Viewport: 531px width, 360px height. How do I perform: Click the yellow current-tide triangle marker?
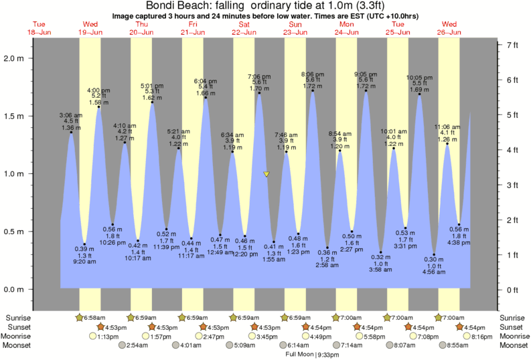tap(267, 175)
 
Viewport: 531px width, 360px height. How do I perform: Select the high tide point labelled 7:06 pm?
tap(259, 93)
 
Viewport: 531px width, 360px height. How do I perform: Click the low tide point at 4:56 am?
tap(434, 254)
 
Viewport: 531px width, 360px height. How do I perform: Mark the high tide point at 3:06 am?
tap(71, 132)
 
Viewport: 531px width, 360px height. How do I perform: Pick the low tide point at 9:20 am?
tap(84, 244)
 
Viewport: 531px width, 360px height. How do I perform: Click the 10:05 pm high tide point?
tap(419, 94)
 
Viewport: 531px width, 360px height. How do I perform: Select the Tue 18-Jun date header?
tap(40, 28)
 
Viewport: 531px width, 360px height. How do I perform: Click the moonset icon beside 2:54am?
tap(123, 345)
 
